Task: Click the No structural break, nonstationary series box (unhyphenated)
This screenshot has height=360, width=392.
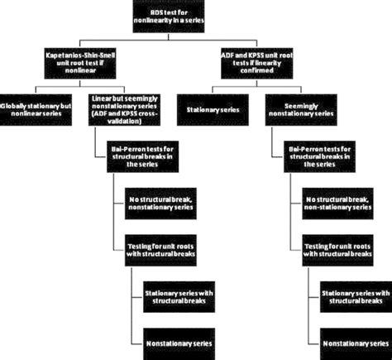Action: click(158, 204)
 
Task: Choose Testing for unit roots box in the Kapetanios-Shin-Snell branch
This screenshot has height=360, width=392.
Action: click(163, 250)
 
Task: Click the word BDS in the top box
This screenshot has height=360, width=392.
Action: click(173, 9)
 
